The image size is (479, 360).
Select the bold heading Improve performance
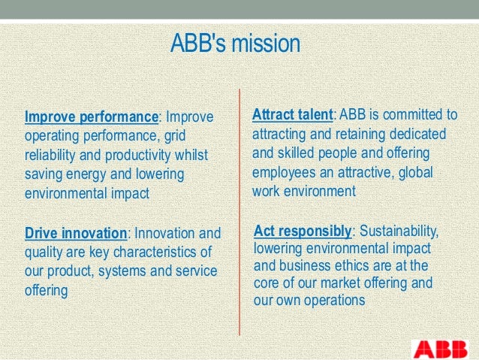[92, 117]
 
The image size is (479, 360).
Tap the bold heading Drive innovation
[76, 233]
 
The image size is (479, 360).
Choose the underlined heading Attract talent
[292, 115]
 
